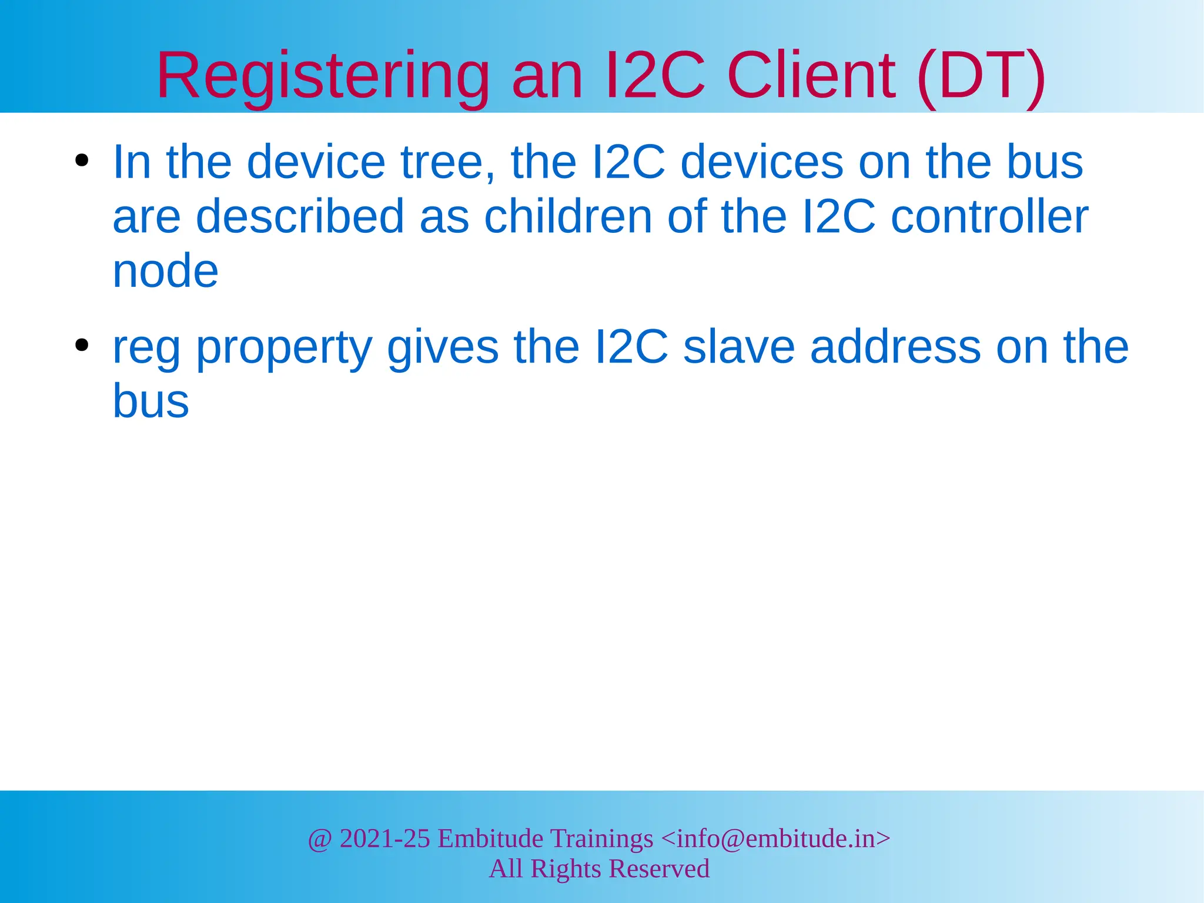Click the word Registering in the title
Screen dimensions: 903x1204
click(323, 76)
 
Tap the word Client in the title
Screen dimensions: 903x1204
click(811, 76)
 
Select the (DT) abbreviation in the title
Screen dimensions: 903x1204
click(981, 76)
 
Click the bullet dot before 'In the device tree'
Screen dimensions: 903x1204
click(82, 160)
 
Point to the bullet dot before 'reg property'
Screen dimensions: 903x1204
click(82, 345)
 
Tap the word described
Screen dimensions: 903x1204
click(300, 216)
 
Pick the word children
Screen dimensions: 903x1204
click(568, 216)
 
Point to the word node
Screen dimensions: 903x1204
click(165, 271)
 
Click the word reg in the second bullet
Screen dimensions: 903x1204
click(146, 348)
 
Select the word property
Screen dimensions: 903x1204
click(284, 348)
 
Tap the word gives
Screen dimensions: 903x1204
click(443, 348)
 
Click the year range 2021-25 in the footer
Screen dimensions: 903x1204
click(385, 838)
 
